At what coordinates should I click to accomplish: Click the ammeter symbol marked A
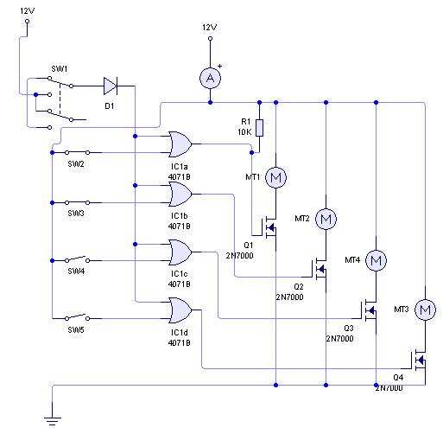211,78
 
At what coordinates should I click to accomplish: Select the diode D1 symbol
111,86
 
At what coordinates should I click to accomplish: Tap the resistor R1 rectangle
259,128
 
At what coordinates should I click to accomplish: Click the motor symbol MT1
275,177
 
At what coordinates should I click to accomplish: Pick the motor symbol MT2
326,219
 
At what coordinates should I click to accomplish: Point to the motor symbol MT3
425,310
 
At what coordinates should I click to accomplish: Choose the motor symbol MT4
376,260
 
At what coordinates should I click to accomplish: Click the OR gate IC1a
180,144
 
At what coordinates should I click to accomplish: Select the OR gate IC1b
180,195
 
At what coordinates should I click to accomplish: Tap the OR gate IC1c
180,252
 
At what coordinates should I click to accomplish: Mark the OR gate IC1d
180,310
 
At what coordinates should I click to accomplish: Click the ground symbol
53,421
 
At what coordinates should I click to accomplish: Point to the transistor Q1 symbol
269,228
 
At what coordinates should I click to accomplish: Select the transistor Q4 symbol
419,360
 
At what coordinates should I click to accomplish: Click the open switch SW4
77,259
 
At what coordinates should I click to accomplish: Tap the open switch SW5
77,317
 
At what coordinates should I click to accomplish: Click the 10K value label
244,132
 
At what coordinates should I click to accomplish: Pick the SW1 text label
60,69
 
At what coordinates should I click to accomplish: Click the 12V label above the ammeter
209,28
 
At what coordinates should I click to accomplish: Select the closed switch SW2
77,152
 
